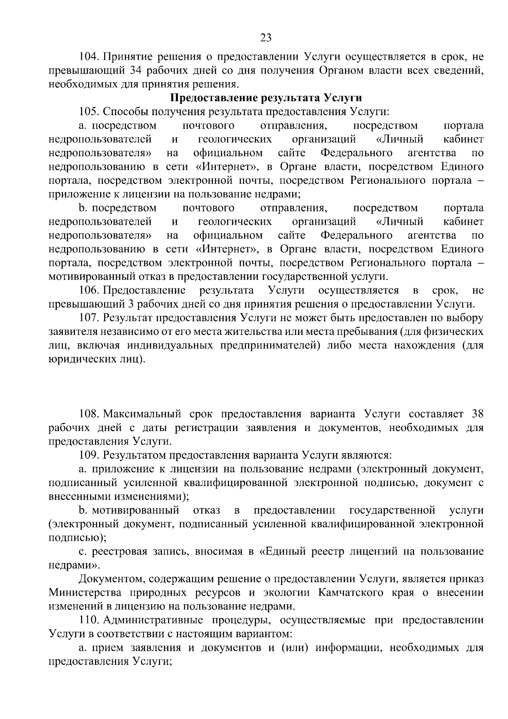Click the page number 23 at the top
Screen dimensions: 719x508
tap(265, 38)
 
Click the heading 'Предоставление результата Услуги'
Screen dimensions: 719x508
tap(266, 98)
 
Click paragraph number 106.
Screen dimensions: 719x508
tap(89, 290)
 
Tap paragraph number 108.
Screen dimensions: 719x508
tap(89, 413)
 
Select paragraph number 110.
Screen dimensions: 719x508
tap(89, 620)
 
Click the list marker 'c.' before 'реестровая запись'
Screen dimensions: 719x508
tap(83, 551)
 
